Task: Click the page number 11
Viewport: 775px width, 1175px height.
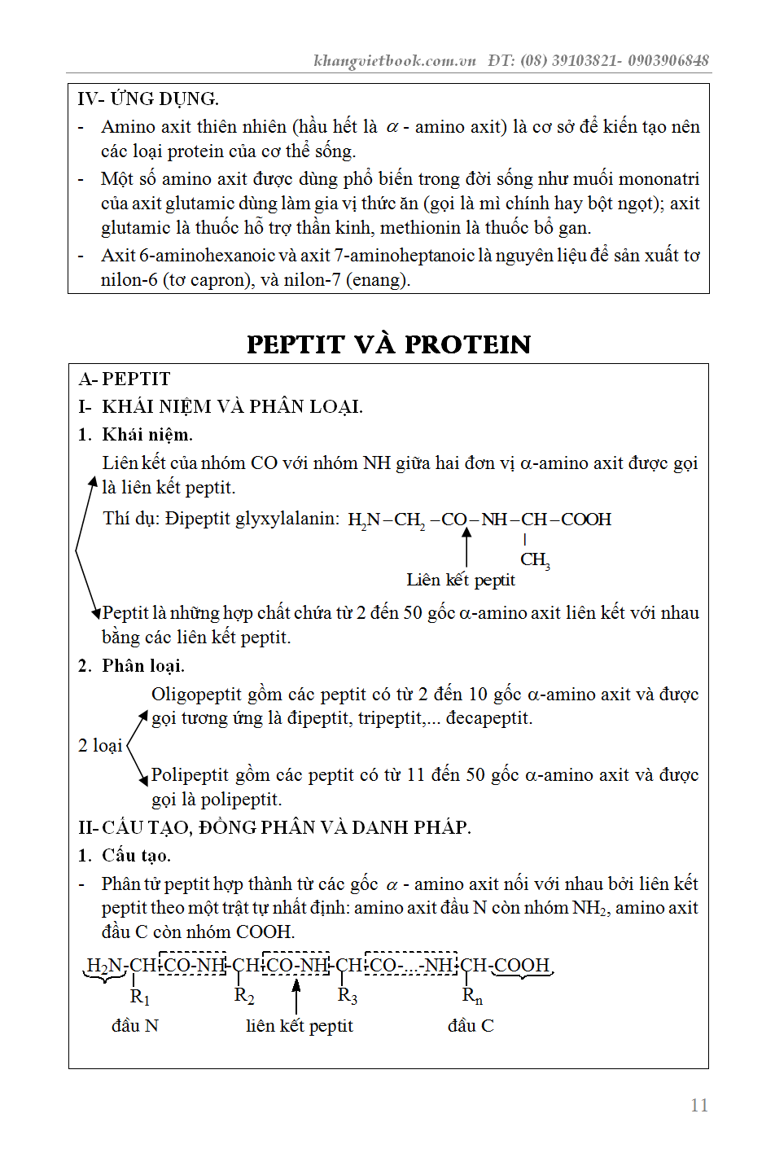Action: coord(698,1105)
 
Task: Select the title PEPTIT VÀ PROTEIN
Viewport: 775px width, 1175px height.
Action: coord(388,344)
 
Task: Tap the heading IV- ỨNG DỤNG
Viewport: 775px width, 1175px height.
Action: coord(148,99)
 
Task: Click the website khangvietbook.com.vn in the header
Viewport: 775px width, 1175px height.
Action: coord(394,60)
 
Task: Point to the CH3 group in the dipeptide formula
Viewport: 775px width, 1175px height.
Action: coord(535,559)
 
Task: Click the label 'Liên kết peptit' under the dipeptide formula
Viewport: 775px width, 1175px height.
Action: coord(461,580)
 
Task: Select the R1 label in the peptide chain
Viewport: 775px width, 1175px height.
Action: coord(140,996)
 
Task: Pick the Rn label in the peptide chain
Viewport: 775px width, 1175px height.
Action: coord(472,996)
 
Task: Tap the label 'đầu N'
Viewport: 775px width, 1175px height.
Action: coord(135,1026)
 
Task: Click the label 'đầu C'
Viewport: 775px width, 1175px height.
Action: coord(471,1026)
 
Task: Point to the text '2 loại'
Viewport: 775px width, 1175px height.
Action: coord(100,746)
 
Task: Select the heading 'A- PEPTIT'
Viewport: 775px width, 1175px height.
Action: coord(125,379)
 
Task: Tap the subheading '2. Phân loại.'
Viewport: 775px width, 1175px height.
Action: coord(131,666)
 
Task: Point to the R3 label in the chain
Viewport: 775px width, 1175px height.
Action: coord(348,996)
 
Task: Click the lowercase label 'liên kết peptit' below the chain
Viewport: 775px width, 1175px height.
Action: coord(300,1026)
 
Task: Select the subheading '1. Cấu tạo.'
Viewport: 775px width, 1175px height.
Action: coord(125,856)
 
